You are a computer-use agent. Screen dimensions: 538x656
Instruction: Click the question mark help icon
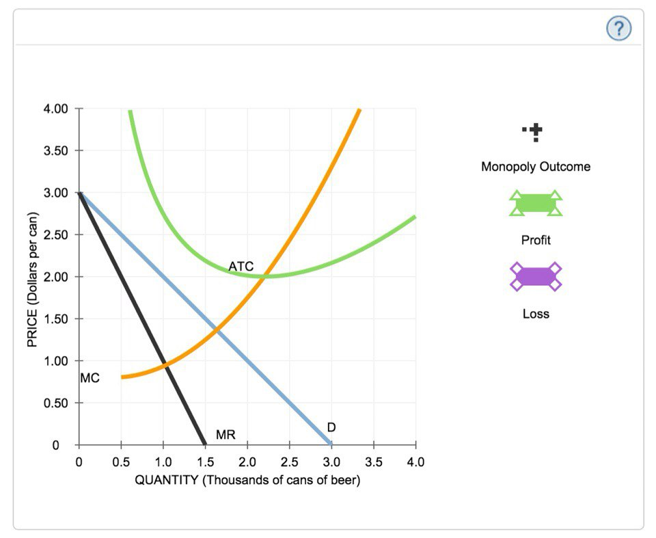618,28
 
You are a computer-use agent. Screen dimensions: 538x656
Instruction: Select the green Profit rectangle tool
536,203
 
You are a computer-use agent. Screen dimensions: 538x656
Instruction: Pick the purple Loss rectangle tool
536,276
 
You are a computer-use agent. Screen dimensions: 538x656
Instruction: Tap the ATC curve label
241,265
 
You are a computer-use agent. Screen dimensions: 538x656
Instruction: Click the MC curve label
90,378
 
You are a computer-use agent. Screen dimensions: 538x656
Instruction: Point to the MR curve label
225,434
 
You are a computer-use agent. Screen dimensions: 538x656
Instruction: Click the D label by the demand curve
331,427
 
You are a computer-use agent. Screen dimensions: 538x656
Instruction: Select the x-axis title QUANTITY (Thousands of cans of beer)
247,479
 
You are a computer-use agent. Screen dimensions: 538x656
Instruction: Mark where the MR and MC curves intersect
164,364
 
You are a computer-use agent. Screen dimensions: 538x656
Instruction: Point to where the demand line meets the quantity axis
331,445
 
